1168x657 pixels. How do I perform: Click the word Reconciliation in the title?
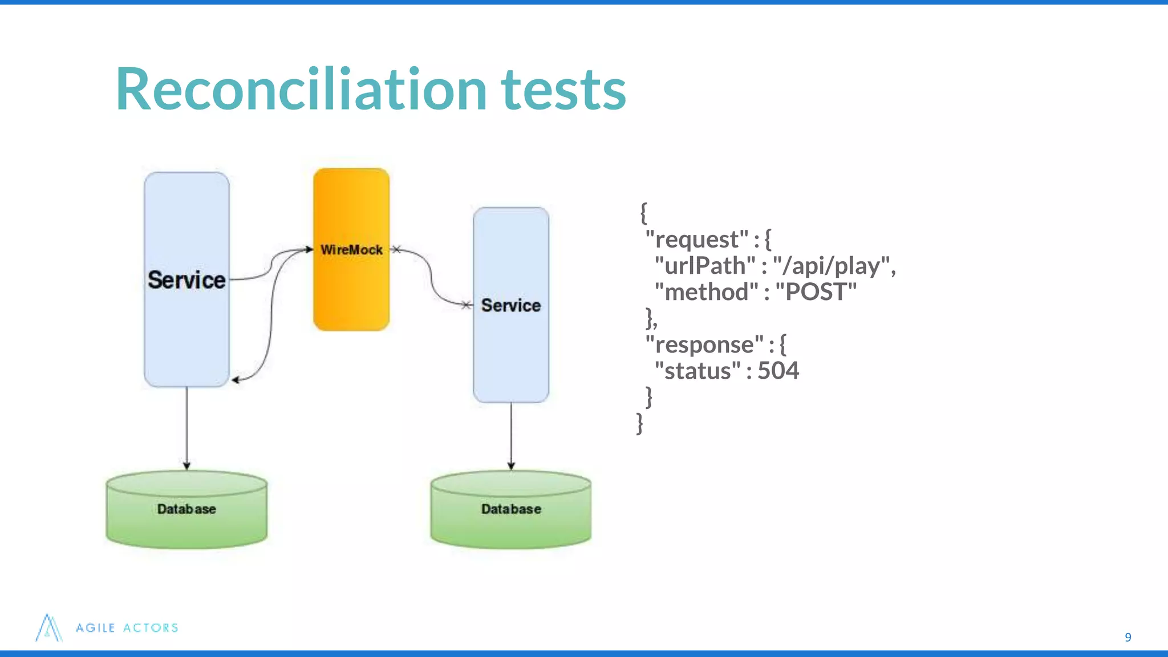point(301,90)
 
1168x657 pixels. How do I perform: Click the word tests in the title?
point(563,90)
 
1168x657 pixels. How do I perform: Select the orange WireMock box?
point(351,285)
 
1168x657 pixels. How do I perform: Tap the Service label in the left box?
point(186,280)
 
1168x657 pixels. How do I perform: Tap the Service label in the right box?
point(510,305)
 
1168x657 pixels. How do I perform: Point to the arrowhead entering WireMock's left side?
point(309,249)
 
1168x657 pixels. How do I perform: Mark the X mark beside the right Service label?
point(466,305)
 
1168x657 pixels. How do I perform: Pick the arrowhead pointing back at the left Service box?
point(236,380)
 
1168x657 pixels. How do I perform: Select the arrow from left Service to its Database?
point(186,428)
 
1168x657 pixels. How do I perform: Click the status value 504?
point(778,371)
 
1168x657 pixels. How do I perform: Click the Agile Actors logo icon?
point(48,628)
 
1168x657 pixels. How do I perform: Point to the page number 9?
point(1128,637)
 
